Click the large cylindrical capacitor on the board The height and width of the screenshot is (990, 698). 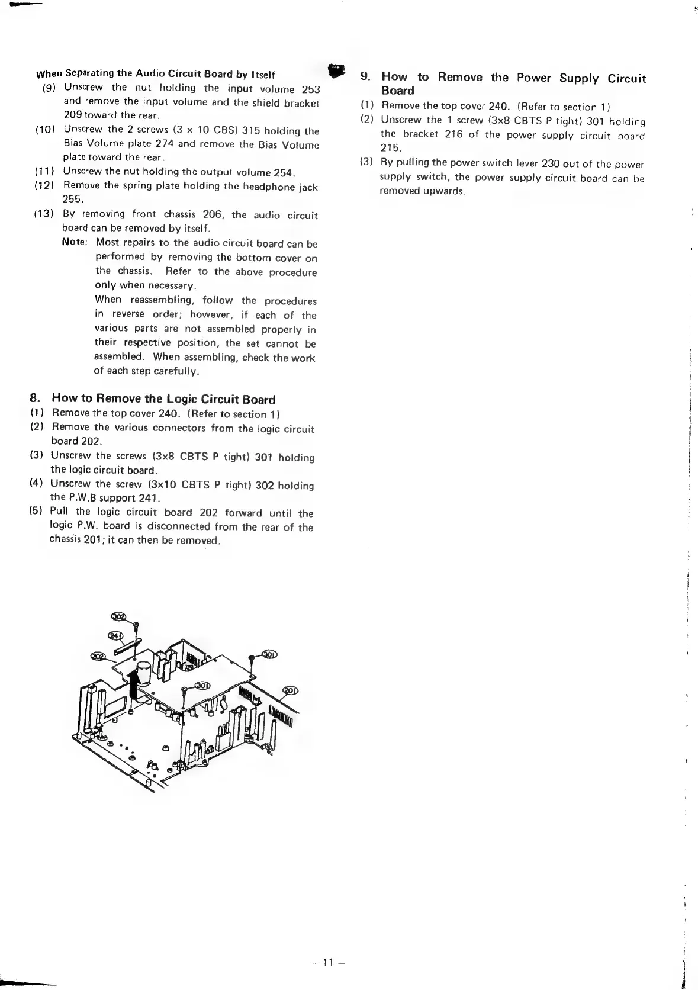tap(145, 679)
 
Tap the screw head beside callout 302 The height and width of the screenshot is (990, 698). tap(136, 625)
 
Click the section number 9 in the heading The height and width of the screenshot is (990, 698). tap(366, 76)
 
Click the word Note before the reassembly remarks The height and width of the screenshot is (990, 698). tap(75, 242)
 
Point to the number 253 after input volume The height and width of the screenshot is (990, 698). tap(311, 89)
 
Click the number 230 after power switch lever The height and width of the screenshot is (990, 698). tap(550, 163)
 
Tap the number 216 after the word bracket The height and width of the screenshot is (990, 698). tap(453, 134)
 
